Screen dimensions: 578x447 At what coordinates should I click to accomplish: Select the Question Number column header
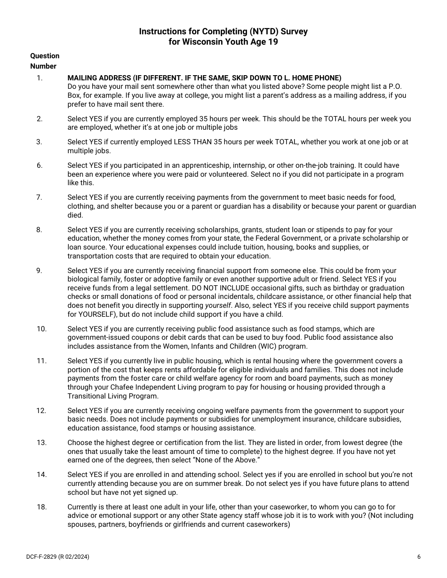(x=45, y=61)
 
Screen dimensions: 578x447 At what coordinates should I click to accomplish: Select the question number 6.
(x=40, y=165)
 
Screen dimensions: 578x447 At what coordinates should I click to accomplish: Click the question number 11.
(x=41, y=361)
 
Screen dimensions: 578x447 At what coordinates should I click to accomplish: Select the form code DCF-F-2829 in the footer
(x=41, y=557)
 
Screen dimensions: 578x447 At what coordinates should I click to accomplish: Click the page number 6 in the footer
(x=419, y=557)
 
